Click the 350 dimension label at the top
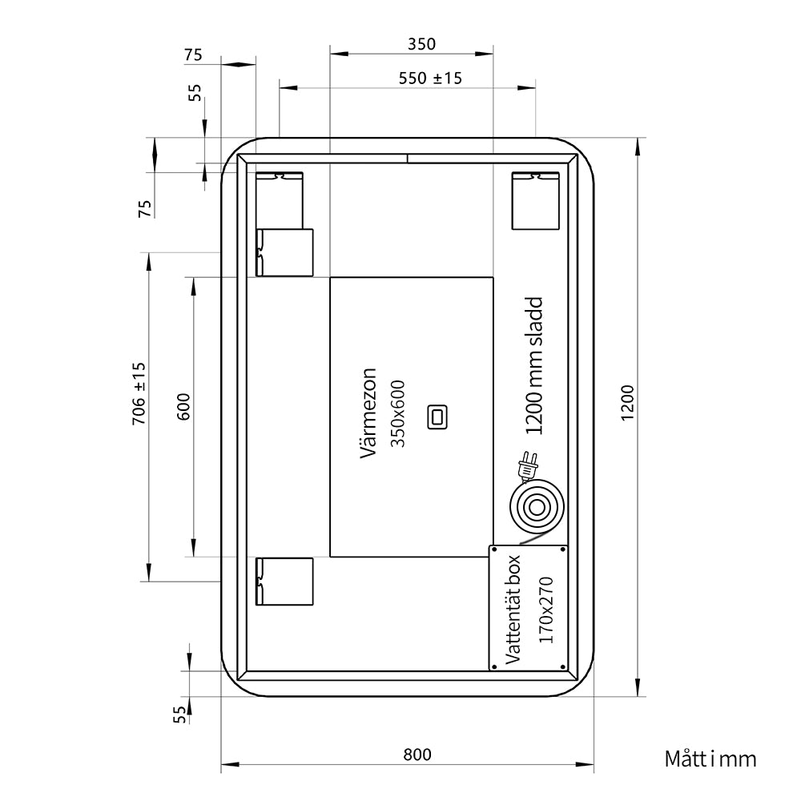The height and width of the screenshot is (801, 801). click(421, 44)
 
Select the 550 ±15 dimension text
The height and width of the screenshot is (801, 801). click(430, 78)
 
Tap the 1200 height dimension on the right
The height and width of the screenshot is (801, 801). click(627, 403)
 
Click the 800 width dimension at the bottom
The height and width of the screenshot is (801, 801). click(417, 754)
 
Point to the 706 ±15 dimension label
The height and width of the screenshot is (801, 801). click(139, 393)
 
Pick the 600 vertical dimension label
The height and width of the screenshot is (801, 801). click(183, 407)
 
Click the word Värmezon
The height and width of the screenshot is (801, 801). click(368, 413)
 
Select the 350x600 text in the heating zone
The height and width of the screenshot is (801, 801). click(397, 414)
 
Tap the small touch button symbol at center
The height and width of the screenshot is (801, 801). click(437, 417)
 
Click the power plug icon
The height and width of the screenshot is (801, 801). click(527, 466)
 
